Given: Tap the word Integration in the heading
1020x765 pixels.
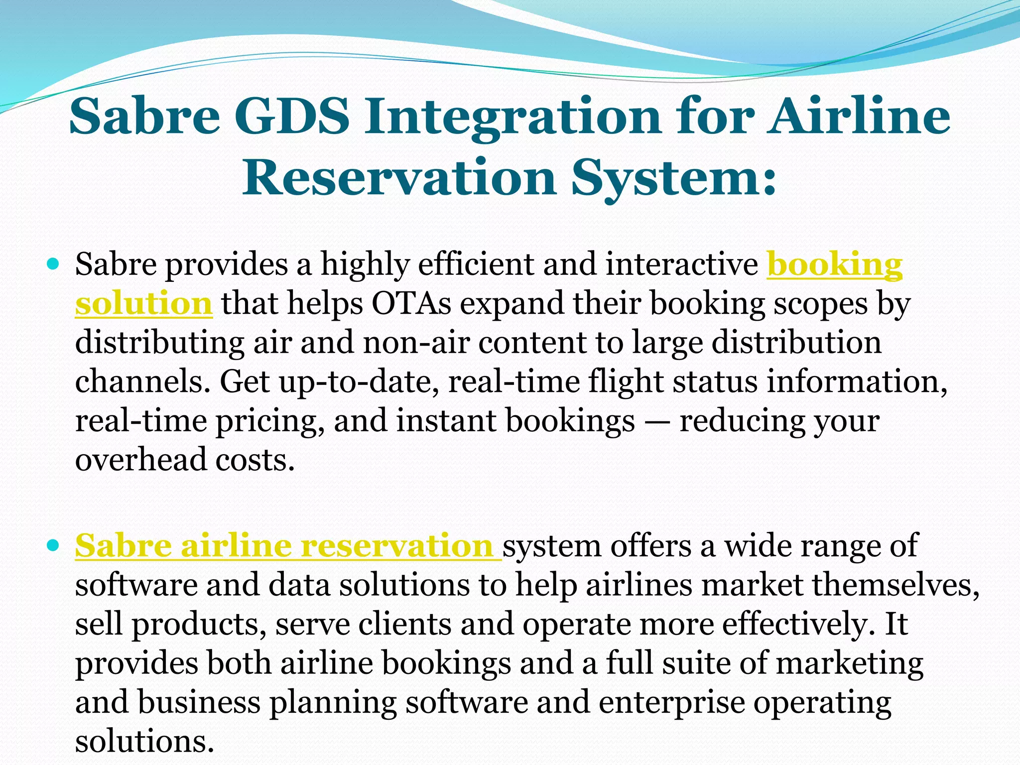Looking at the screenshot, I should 513,117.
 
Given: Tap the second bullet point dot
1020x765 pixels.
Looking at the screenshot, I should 52,544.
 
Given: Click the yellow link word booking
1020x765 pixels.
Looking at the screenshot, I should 834,264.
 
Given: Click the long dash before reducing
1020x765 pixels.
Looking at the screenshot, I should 657,421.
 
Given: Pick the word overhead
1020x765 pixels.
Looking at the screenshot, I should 141,459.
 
